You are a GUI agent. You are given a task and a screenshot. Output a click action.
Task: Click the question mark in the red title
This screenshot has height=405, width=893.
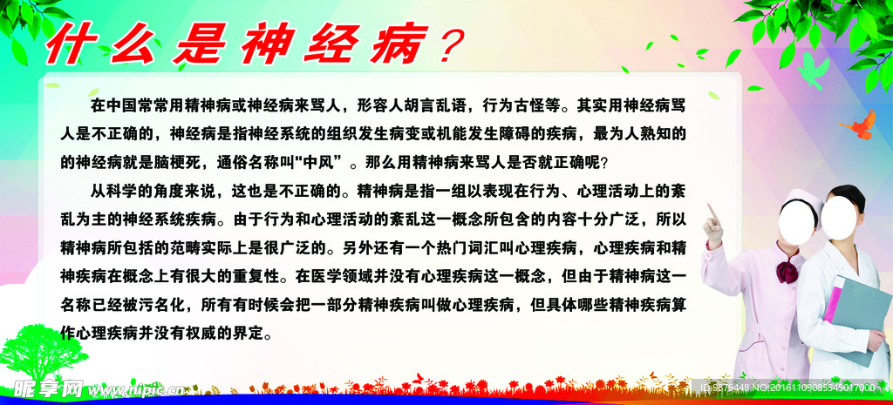pyautogui.click(x=446, y=45)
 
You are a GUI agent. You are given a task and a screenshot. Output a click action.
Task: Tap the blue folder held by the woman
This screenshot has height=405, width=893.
pyautogui.click(x=858, y=319)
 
